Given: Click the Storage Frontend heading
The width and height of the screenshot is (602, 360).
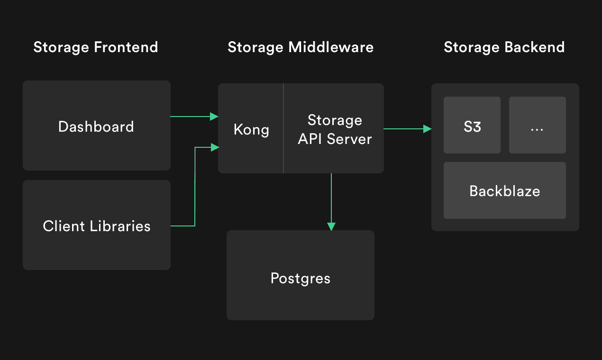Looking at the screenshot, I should pyautogui.click(x=96, y=47).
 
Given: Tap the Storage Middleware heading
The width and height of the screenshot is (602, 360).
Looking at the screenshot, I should pyautogui.click(x=301, y=47).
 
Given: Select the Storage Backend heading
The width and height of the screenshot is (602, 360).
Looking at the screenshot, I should pyautogui.click(x=504, y=47).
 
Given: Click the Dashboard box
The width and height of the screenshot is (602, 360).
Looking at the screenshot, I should pyautogui.click(x=96, y=126).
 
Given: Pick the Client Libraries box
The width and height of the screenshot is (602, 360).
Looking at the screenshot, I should pyautogui.click(x=97, y=225).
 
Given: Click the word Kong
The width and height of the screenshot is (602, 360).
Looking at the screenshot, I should pyautogui.click(x=251, y=130).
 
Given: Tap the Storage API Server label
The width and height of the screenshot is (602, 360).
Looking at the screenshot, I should pyautogui.click(x=335, y=129).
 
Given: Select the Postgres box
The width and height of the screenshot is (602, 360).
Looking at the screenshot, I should pyautogui.click(x=301, y=278).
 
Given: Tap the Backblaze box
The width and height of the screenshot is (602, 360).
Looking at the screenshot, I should pyautogui.click(x=505, y=191).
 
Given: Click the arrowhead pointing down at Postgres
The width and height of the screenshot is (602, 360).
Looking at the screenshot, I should pyautogui.click(x=331, y=226).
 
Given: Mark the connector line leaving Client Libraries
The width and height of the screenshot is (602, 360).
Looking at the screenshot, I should pyautogui.click(x=183, y=226).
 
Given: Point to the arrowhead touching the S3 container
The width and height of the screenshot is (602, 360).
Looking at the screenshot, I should pyautogui.click(x=428, y=128).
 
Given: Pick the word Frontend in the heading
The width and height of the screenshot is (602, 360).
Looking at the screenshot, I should pyautogui.click(x=126, y=47).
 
